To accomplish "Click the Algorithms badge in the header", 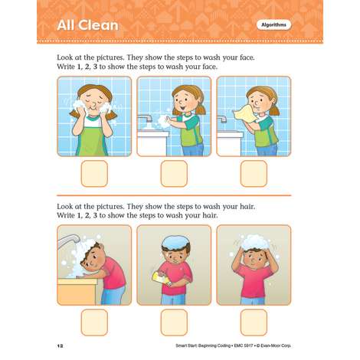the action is pyautogui.click(x=273, y=25).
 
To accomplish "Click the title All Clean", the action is pyautogui.click(x=88, y=25).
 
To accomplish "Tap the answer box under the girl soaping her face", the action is pyautogui.click(x=94, y=174).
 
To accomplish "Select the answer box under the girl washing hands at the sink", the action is pyautogui.click(x=174, y=174).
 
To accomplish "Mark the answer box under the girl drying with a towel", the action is pyautogui.click(x=254, y=174).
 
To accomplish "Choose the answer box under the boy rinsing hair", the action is pyautogui.click(x=94, y=322).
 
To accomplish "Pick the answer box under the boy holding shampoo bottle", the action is pyautogui.click(x=174, y=322).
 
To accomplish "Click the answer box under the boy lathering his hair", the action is pyautogui.click(x=254, y=322).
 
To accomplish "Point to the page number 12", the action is pyautogui.click(x=60, y=346).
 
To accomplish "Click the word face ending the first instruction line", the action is pyautogui.click(x=247, y=57).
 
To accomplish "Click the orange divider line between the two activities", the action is pyautogui.click(x=174, y=195).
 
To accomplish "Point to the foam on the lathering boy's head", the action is pyautogui.click(x=255, y=242).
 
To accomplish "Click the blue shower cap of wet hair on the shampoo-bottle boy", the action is pyautogui.click(x=175, y=241).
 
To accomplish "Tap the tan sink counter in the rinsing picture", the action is pyautogui.click(x=77, y=291).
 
